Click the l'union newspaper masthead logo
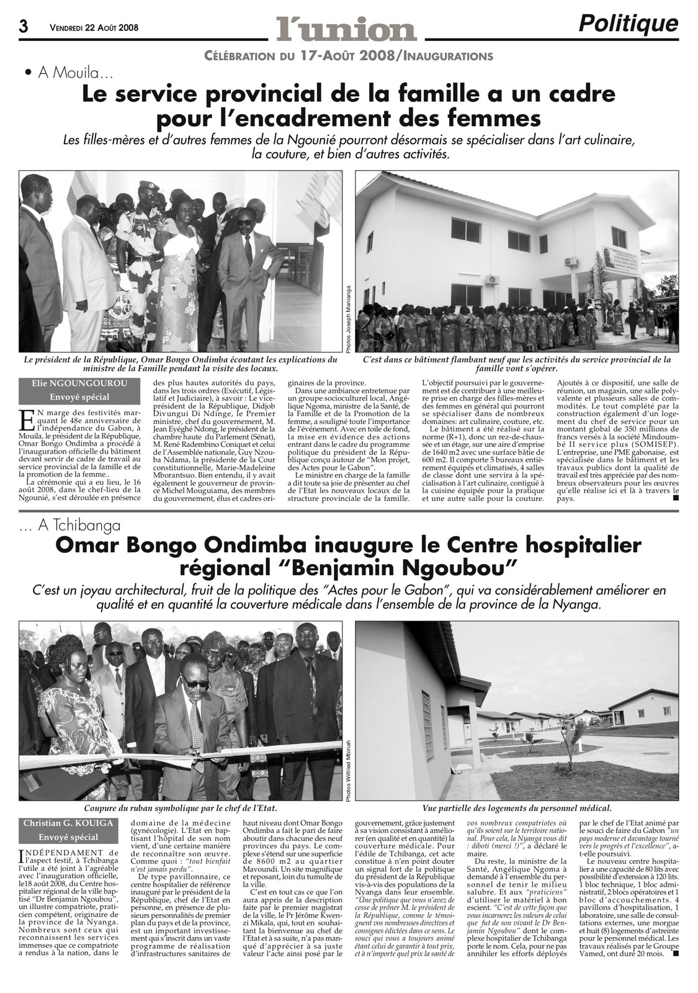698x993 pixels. (346, 29)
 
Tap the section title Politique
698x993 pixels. (628, 24)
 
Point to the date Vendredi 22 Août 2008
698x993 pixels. (94, 28)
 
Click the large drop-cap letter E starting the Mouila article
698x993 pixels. (26, 419)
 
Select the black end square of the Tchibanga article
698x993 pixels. (676, 954)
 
